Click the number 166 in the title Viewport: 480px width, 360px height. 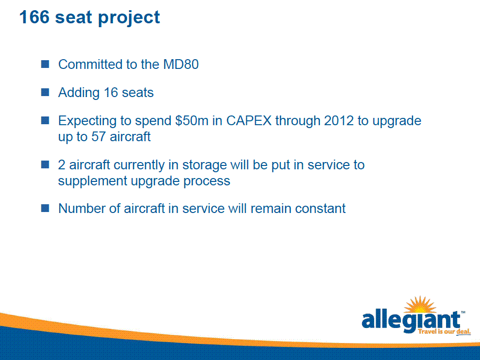[34, 17]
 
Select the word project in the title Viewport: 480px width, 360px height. [129, 18]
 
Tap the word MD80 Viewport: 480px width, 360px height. [181, 64]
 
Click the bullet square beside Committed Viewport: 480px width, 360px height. [45, 64]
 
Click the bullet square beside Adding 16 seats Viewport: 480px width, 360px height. [45, 92]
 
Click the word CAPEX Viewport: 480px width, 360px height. [249, 121]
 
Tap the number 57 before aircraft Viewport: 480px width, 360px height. [99, 136]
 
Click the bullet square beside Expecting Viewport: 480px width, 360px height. [45, 120]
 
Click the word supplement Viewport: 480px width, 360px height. [92, 181]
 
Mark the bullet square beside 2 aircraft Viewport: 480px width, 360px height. [45, 164]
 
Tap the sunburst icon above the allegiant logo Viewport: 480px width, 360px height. [420, 305]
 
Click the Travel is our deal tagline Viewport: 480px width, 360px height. [444, 331]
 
